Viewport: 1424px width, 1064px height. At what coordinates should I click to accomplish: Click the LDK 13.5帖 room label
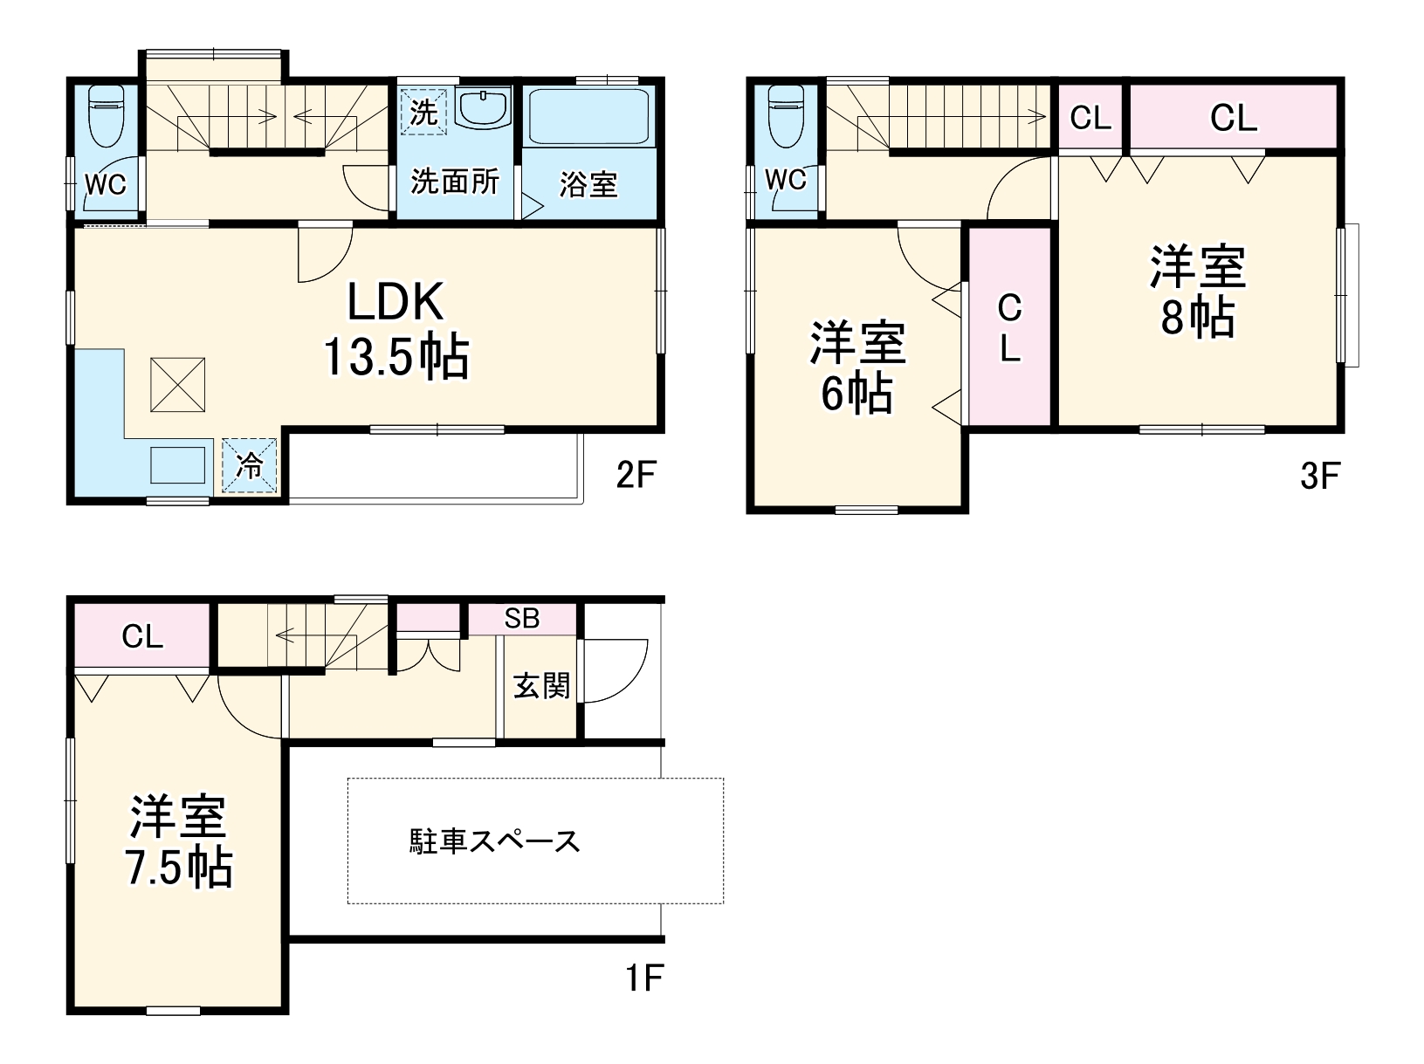pyautogui.click(x=397, y=329)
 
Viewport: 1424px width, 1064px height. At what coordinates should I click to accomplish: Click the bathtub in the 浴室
pyautogui.click(x=588, y=116)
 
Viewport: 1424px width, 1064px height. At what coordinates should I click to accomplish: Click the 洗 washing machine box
pyautogui.click(x=423, y=112)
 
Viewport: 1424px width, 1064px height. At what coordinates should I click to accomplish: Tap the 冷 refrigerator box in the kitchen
pyautogui.click(x=249, y=465)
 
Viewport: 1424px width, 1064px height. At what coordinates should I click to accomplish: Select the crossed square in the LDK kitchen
pyautogui.click(x=178, y=384)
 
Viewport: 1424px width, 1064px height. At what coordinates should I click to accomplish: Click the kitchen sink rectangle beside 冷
pyautogui.click(x=179, y=464)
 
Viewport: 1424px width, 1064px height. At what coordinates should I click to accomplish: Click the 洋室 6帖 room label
pyautogui.click(x=857, y=367)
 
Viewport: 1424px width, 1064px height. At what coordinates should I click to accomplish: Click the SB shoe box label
pyautogui.click(x=522, y=618)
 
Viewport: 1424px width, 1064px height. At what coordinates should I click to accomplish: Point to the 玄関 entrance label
pyautogui.click(x=541, y=685)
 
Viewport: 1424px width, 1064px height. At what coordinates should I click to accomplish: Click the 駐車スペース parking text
pyautogui.click(x=495, y=841)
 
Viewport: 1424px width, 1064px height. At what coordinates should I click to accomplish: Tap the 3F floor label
pyautogui.click(x=1319, y=476)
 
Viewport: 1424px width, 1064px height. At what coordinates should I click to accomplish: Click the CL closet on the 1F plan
pyautogui.click(x=142, y=636)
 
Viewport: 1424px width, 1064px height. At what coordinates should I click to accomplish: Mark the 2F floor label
pyautogui.click(x=635, y=476)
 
